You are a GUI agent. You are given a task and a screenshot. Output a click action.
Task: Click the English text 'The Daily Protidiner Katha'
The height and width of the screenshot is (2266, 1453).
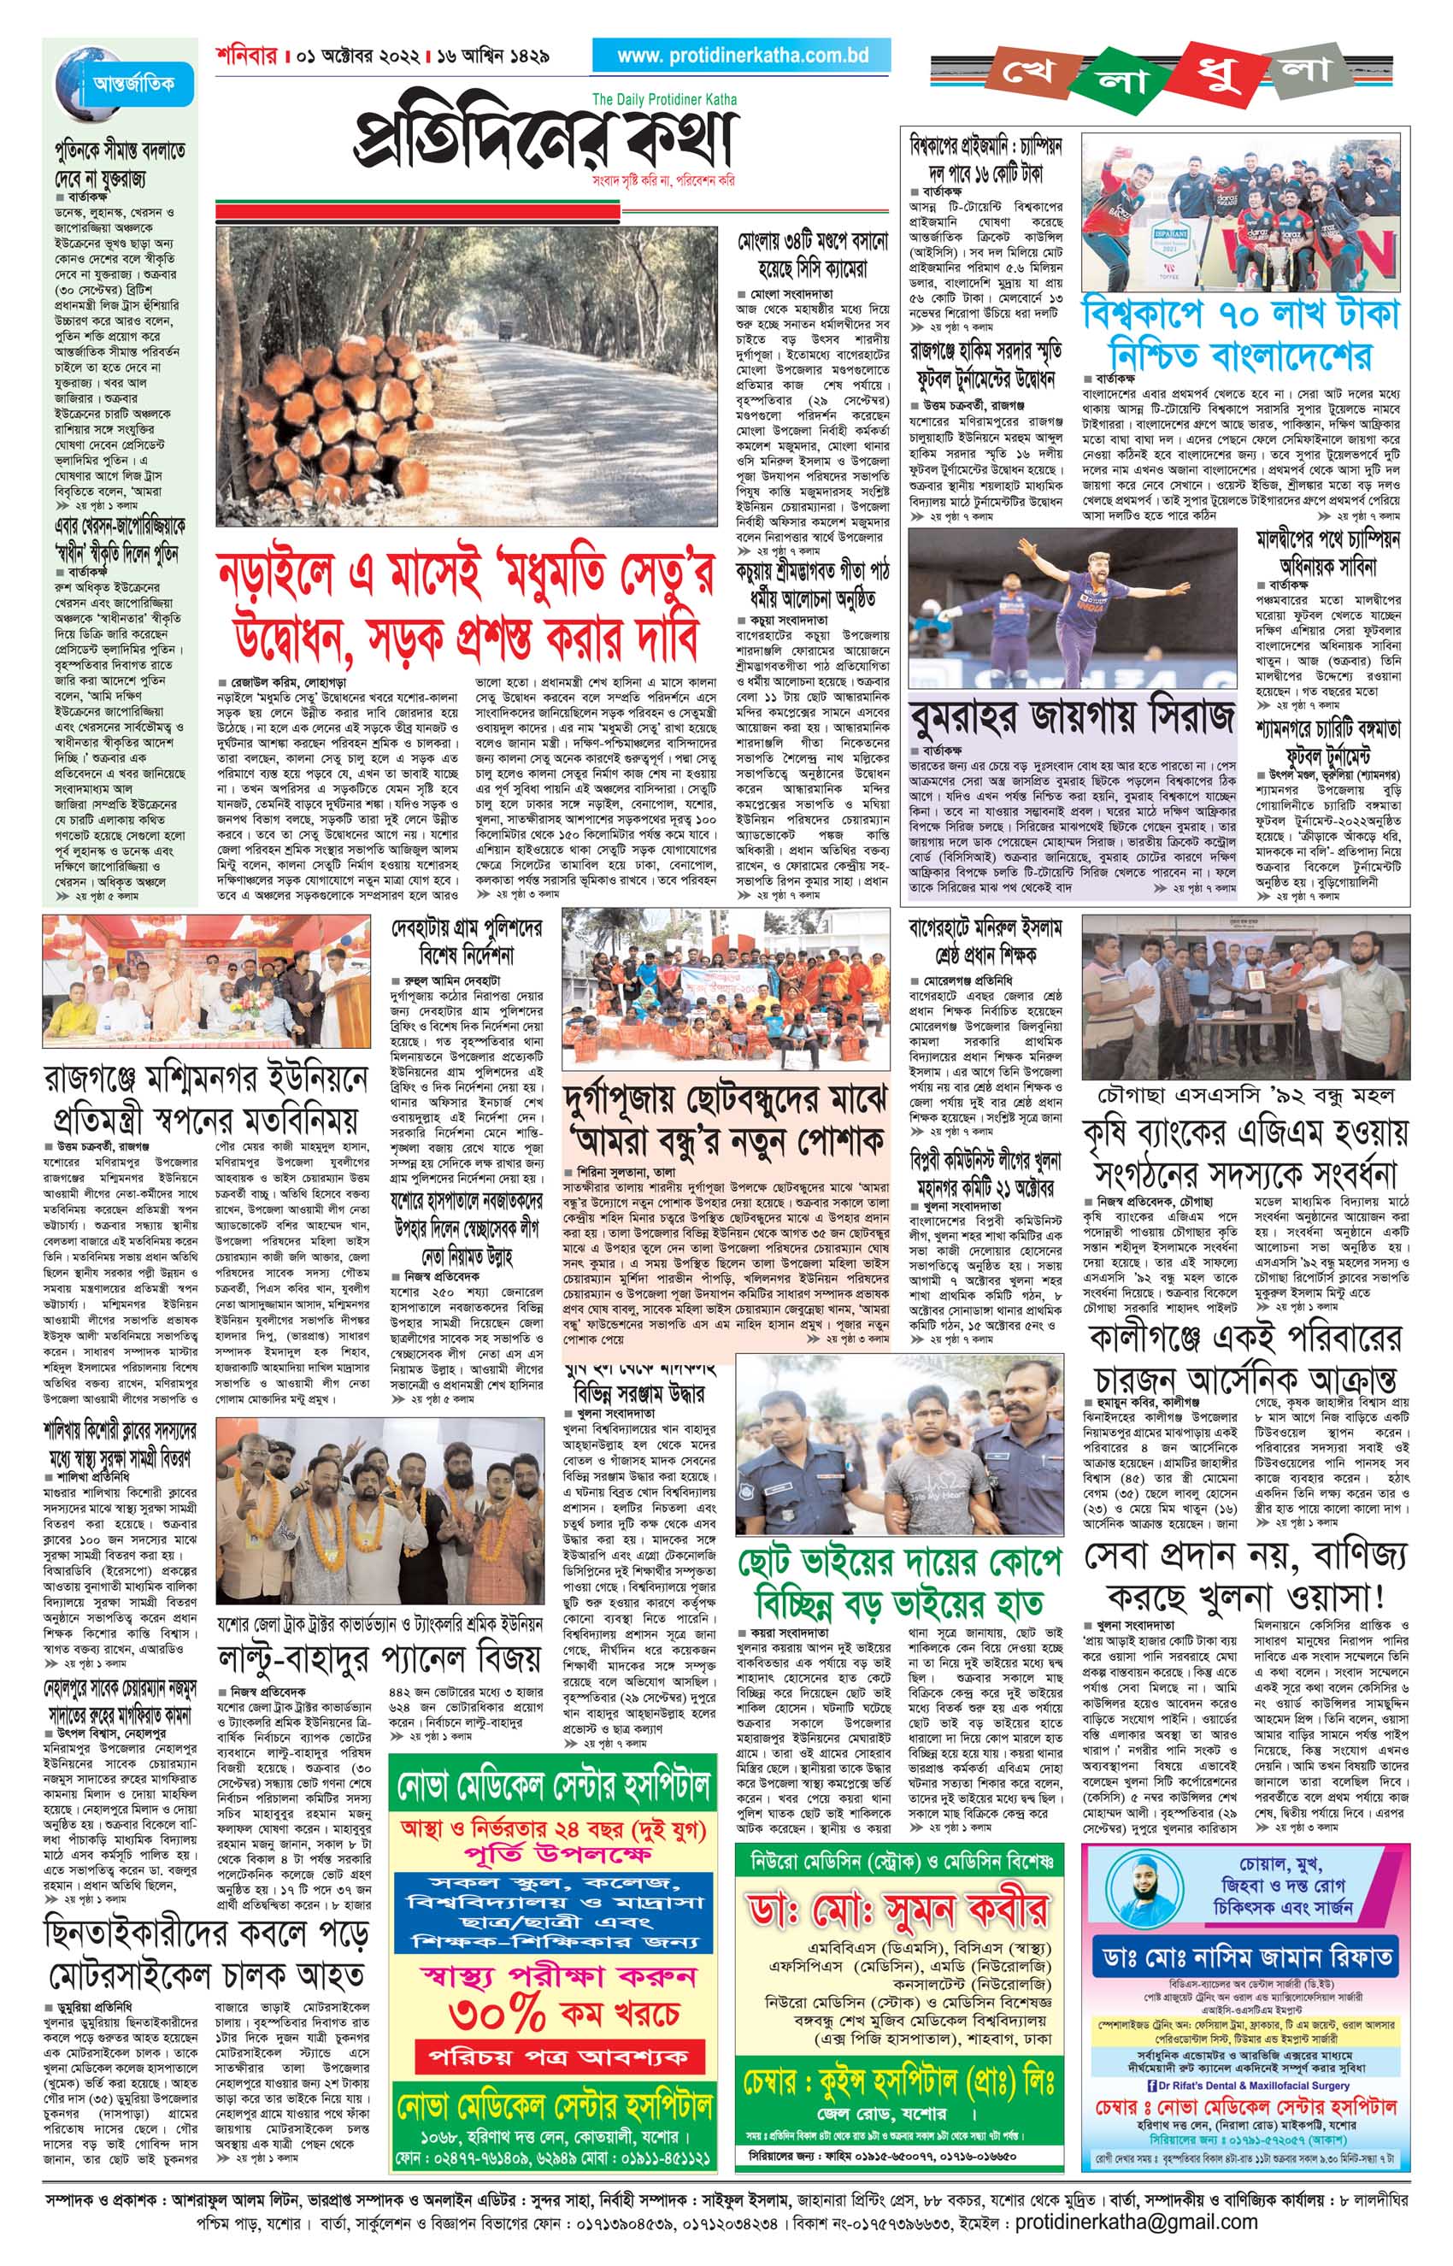click(665, 99)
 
